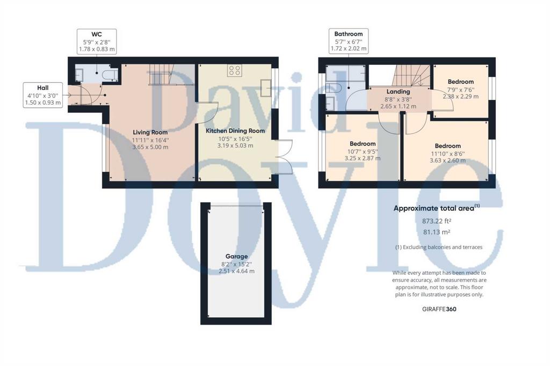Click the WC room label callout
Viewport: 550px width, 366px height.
click(x=97, y=41)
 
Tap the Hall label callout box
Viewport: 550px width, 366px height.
click(x=43, y=95)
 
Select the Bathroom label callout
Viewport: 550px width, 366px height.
click(x=348, y=41)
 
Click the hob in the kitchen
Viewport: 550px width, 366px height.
click(x=234, y=70)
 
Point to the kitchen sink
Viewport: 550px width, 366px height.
click(x=265, y=87)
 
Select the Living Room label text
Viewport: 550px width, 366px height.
click(x=150, y=132)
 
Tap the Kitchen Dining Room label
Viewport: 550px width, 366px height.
click(x=235, y=131)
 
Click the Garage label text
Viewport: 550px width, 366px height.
click(x=237, y=257)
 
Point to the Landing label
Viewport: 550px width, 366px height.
click(x=398, y=91)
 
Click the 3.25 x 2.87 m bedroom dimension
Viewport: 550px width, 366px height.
click(x=363, y=158)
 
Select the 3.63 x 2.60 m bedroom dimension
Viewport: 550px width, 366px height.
click(x=448, y=160)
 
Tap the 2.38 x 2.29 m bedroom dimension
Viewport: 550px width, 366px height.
click(x=460, y=97)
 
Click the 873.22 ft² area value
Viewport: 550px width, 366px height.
click(x=436, y=221)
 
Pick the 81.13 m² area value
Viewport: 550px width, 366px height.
click(x=436, y=232)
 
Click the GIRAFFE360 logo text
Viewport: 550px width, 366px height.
click(x=439, y=309)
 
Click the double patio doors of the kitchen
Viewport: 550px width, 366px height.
click(x=285, y=157)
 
